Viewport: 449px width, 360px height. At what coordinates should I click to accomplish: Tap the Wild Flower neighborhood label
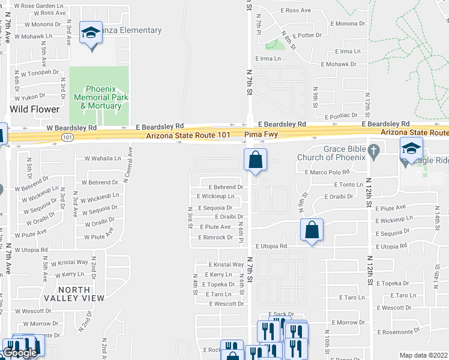[35, 109]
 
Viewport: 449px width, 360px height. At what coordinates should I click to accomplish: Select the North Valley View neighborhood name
[67, 293]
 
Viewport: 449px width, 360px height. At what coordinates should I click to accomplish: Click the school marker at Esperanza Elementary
[91, 32]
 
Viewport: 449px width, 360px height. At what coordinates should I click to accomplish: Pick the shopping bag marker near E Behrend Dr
[255, 160]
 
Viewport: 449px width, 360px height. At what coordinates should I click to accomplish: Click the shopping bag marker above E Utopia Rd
[312, 230]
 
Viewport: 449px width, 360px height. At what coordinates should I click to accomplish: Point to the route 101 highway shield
[64, 137]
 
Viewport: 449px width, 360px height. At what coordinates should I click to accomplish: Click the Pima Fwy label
[261, 135]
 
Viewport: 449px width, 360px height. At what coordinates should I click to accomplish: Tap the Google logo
[20, 353]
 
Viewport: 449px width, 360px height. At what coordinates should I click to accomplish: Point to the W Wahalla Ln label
[103, 158]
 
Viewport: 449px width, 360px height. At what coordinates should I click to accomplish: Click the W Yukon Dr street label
[30, 96]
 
